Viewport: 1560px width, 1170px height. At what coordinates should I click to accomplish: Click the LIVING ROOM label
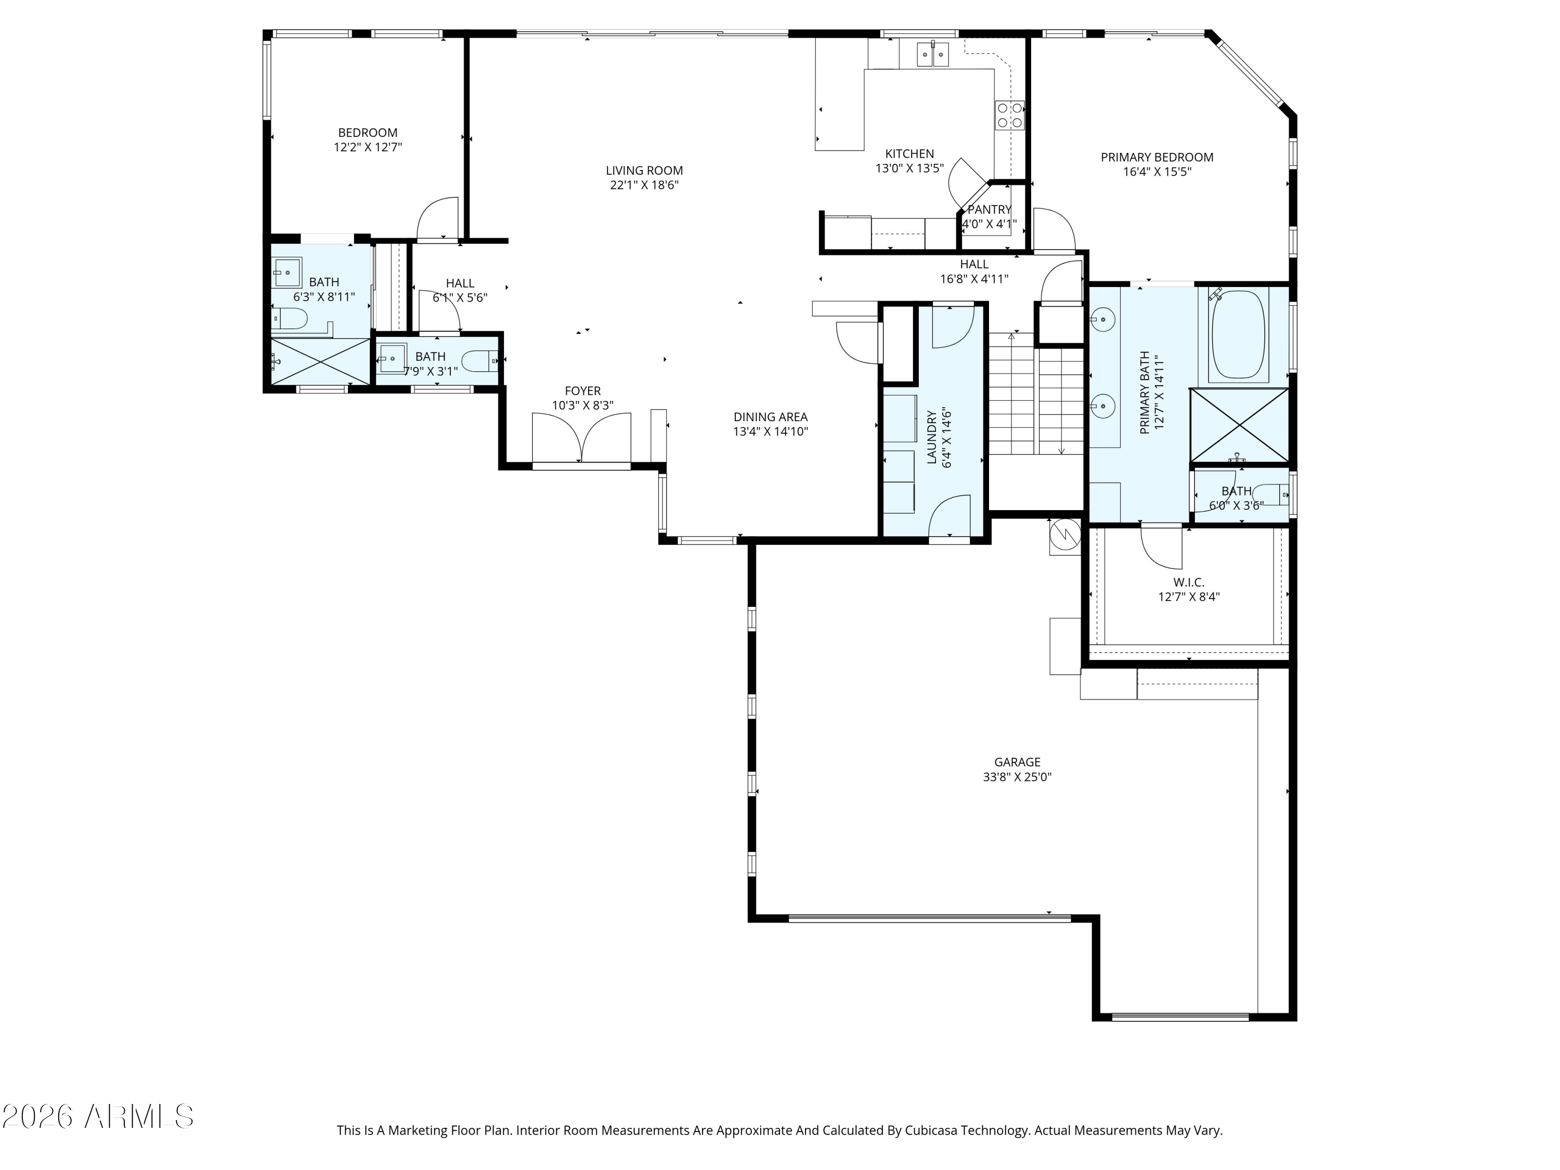pos(644,170)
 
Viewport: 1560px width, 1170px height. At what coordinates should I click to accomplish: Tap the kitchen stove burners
pos(1009,115)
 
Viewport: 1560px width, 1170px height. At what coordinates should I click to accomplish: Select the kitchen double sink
pos(933,54)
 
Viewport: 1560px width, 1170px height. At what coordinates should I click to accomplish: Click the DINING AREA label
pos(770,417)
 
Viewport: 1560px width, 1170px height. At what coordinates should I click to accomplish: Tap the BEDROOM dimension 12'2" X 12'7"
pos(368,147)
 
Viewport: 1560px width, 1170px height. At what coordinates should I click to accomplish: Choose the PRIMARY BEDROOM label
pos(1156,157)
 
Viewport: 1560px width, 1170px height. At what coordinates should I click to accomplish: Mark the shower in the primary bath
pos(1239,426)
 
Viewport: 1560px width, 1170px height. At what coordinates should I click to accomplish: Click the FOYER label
pos(582,391)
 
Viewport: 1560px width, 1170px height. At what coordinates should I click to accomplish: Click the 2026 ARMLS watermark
pos(98,1116)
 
